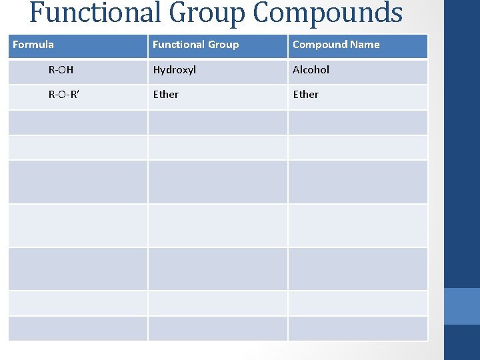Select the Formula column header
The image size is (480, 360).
[x=33, y=45]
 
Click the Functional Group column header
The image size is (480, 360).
[x=195, y=45]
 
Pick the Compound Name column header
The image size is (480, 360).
[x=336, y=45]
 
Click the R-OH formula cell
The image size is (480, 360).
[x=61, y=69]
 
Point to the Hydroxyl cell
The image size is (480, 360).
[x=174, y=69]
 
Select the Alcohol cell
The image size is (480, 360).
[x=311, y=69]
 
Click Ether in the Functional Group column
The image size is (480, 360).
[x=165, y=95]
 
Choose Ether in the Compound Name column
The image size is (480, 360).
[x=305, y=95]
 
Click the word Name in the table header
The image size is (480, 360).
[x=365, y=45]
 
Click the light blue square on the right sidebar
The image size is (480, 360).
[x=461, y=306]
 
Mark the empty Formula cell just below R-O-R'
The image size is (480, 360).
[x=77, y=123]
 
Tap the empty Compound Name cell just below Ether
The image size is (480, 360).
[x=357, y=123]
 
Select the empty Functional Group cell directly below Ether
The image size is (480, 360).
[x=217, y=123]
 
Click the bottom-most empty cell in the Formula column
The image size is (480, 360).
[x=77, y=329]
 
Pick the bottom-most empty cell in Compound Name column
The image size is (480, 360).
[x=357, y=329]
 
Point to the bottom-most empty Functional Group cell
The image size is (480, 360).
[x=217, y=329]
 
